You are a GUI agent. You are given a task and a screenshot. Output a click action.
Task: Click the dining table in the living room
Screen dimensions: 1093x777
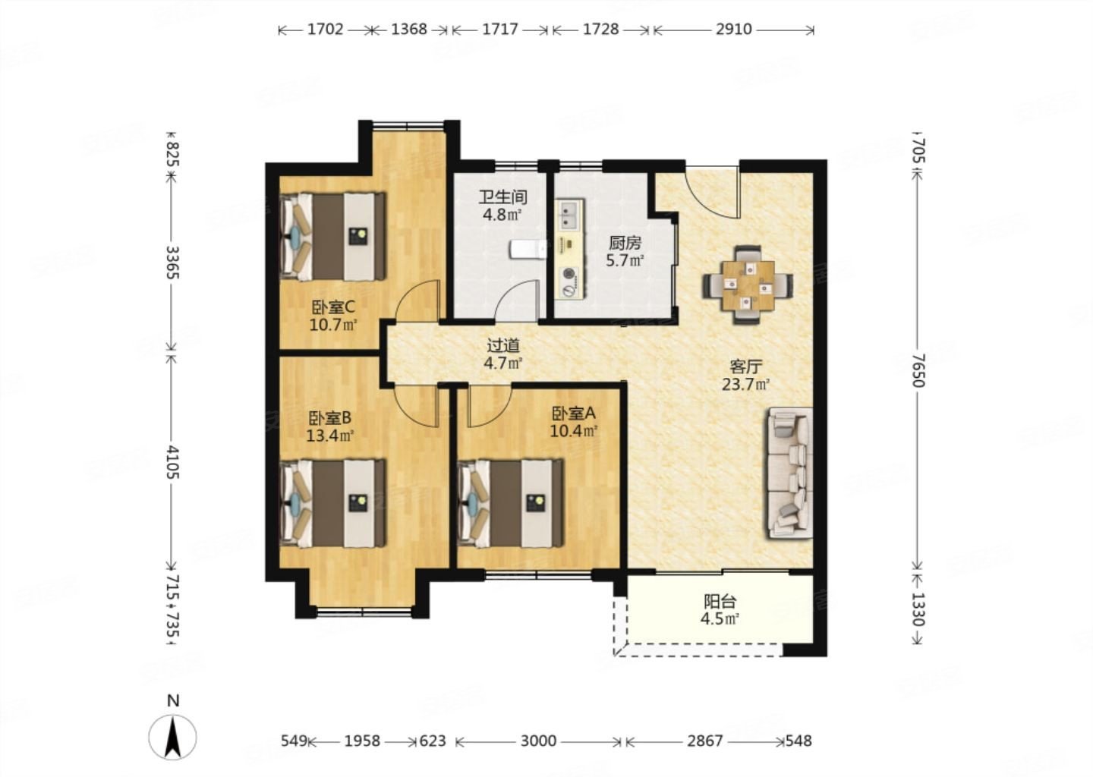(x=748, y=285)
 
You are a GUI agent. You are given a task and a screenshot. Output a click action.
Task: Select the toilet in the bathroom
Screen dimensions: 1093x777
(x=529, y=249)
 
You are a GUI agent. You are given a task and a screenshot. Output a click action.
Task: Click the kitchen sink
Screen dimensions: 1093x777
(x=569, y=214)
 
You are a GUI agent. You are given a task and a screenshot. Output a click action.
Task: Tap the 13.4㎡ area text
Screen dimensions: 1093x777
(x=330, y=435)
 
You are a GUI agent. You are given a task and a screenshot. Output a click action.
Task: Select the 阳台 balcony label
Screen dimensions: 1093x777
(x=720, y=602)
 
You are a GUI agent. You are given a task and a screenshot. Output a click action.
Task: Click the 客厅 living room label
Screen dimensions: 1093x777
(x=745, y=366)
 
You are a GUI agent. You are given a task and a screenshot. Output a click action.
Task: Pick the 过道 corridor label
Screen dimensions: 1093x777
(x=503, y=346)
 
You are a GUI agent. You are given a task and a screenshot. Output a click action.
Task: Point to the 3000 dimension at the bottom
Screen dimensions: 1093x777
(x=538, y=741)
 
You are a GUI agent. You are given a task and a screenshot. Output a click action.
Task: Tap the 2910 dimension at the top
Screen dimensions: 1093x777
(x=733, y=30)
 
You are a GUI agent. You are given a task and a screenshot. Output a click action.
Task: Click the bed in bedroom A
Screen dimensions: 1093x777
(x=511, y=503)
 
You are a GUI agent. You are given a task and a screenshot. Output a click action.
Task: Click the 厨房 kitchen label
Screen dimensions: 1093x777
(x=625, y=242)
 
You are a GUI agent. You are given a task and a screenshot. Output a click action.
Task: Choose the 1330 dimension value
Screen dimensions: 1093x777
(x=918, y=609)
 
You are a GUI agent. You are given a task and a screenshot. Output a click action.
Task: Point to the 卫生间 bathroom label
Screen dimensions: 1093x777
(x=503, y=197)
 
